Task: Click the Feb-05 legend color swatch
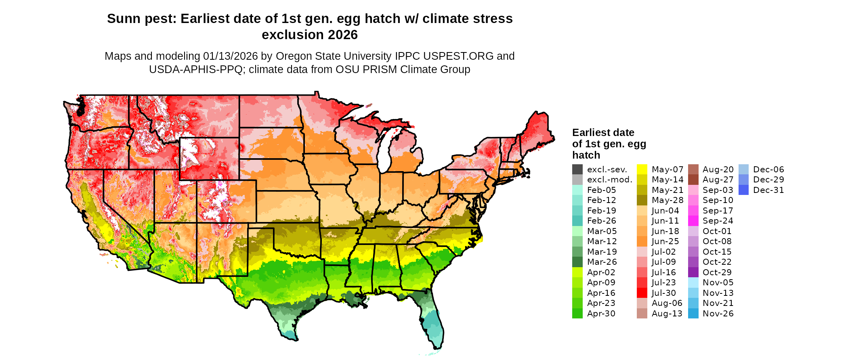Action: pyautogui.click(x=577, y=190)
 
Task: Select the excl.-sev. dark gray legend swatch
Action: pyautogui.click(x=577, y=170)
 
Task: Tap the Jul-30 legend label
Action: pyautogui.click(x=663, y=293)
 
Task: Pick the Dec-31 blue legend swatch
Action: pyautogui.click(x=743, y=190)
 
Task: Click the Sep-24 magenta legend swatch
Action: pyautogui.click(x=693, y=221)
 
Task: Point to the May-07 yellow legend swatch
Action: pyautogui.click(x=642, y=170)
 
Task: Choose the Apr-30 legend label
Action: pyautogui.click(x=601, y=314)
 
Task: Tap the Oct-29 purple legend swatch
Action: pyautogui.click(x=693, y=272)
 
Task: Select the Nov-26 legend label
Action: pyautogui.click(x=718, y=314)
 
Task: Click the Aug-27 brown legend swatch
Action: pyautogui.click(x=693, y=180)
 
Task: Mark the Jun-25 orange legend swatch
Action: pyautogui.click(x=642, y=241)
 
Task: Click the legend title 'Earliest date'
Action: pyautogui.click(x=603, y=133)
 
